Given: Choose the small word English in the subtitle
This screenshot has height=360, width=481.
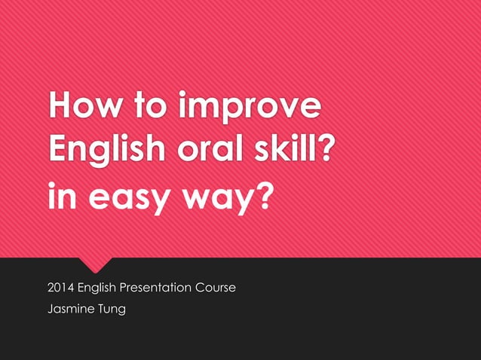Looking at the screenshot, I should [x=101, y=288].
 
